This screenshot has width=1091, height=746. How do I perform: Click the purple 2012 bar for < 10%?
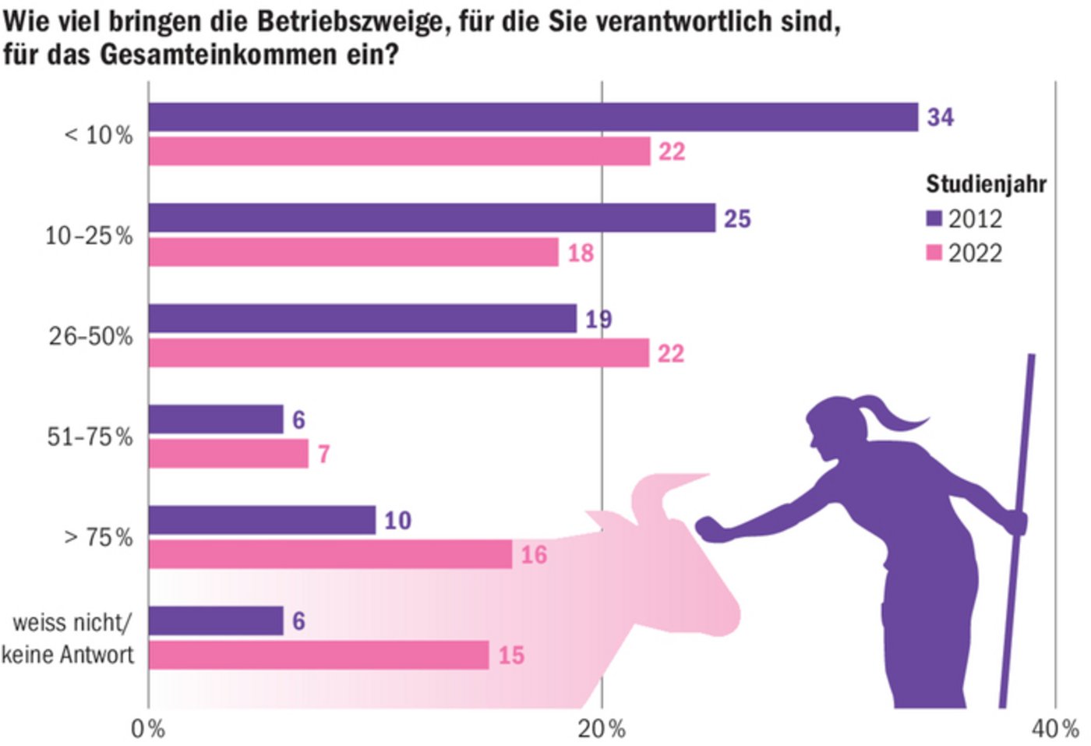click(x=533, y=117)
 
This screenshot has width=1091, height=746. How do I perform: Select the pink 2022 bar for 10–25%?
click(x=353, y=252)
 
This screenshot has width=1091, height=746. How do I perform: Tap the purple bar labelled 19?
click(x=362, y=319)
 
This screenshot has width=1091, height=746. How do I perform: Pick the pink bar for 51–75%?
click(x=228, y=454)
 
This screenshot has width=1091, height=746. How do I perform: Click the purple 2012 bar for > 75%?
click(x=262, y=520)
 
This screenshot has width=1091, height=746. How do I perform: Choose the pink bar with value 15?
click(x=319, y=655)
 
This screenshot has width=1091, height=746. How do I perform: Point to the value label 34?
click(x=940, y=117)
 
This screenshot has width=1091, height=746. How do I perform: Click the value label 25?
click(x=737, y=219)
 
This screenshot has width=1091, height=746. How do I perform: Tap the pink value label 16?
click(x=534, y=555)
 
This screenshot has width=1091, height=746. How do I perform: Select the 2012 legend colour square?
click(x=934, y=218)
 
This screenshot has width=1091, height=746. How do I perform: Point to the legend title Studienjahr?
click(x=986, y=184)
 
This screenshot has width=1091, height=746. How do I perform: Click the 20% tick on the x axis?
click(x=602, y=729)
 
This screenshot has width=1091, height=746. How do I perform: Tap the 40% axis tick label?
click(x=1055, y=729)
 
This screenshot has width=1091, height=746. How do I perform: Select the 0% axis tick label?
click(x=148, y=729)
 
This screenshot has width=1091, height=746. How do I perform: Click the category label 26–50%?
click(x=90, y=336)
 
